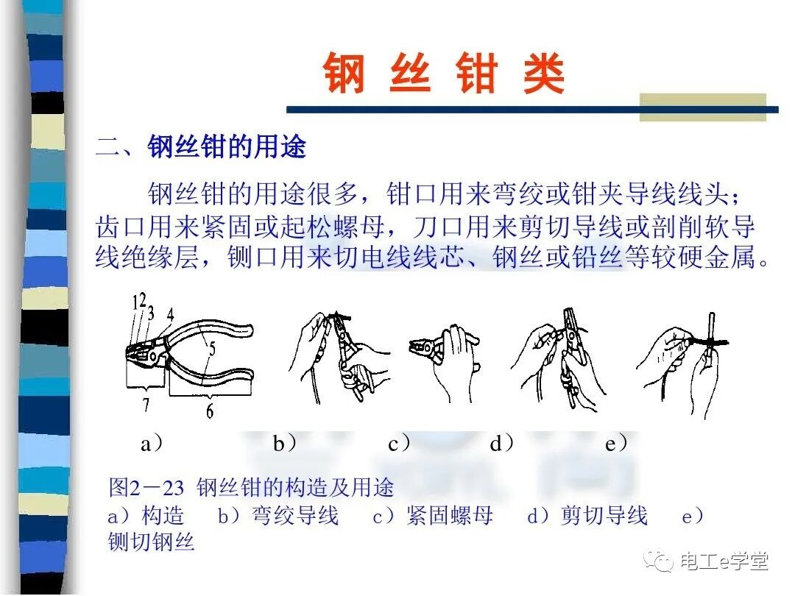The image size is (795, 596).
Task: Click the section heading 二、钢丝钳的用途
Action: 200,147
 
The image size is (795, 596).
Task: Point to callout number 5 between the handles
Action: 211,351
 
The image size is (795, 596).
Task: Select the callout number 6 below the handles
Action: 210,411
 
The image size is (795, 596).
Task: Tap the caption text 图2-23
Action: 146,487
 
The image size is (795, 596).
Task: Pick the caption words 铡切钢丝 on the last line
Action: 151,543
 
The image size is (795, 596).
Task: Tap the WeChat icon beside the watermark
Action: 659,561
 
